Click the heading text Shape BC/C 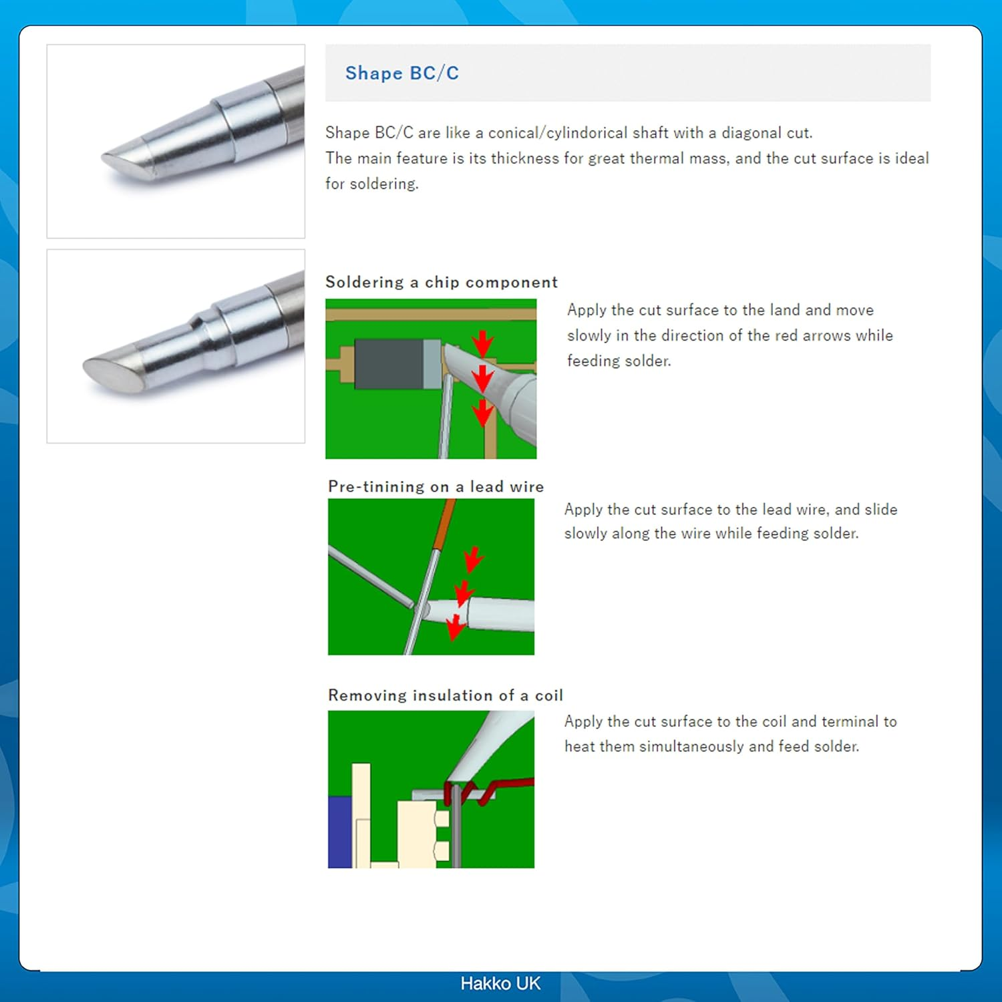tap(401, 73)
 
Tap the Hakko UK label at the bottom tap(500, 983)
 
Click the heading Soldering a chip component tap(441, 282)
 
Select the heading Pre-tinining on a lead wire tap(436, 486)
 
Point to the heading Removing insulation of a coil tap(445, 695)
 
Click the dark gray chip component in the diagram tap(389, 364)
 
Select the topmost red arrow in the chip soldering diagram tap(482, 343)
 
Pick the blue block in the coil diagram tap(339, 832)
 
